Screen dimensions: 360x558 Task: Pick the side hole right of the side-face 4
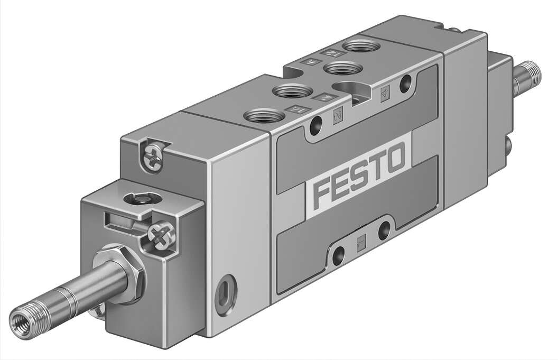406,82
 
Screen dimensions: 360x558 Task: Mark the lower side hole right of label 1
385,229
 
